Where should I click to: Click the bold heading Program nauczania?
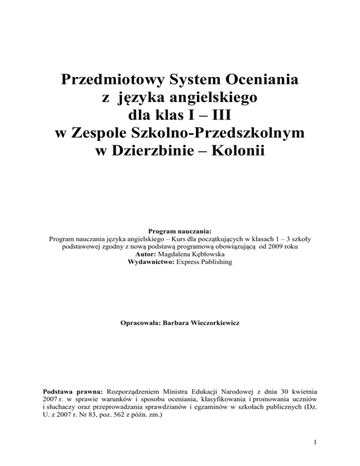point(180,231)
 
